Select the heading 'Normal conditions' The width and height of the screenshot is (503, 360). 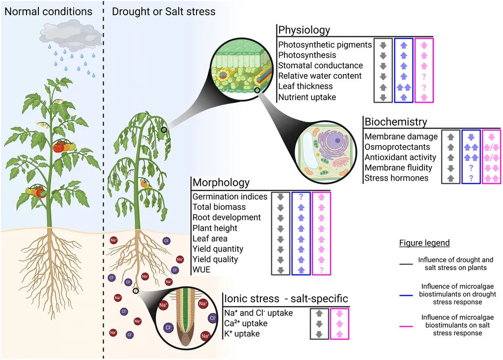[x=48, y=11]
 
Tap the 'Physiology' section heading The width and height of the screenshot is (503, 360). [x=304, y=30]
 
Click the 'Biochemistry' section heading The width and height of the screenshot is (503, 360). [x=396, y=122]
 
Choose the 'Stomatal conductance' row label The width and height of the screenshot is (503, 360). [x=320, y=65]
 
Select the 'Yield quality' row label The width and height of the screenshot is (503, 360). [x=215, y=259]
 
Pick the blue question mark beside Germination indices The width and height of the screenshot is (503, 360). [x=302, y=197]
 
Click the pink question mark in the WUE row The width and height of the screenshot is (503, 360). [x=322, y=270]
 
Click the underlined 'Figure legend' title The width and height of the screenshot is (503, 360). [x=424, y=243]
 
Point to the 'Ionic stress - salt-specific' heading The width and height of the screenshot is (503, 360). [x=286, y=299]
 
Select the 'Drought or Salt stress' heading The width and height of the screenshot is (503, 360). [x=164, y=11]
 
